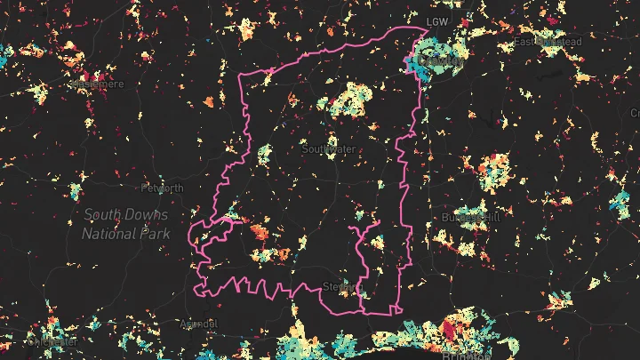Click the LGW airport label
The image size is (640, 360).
[437, 21]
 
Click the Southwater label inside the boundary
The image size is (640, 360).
[329, 149]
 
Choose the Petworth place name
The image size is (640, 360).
[163, 188]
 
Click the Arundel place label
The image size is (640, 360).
[198, 324]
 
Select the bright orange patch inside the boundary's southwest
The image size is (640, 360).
[259, 233]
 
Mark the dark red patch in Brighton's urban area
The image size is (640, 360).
[449, 332]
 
